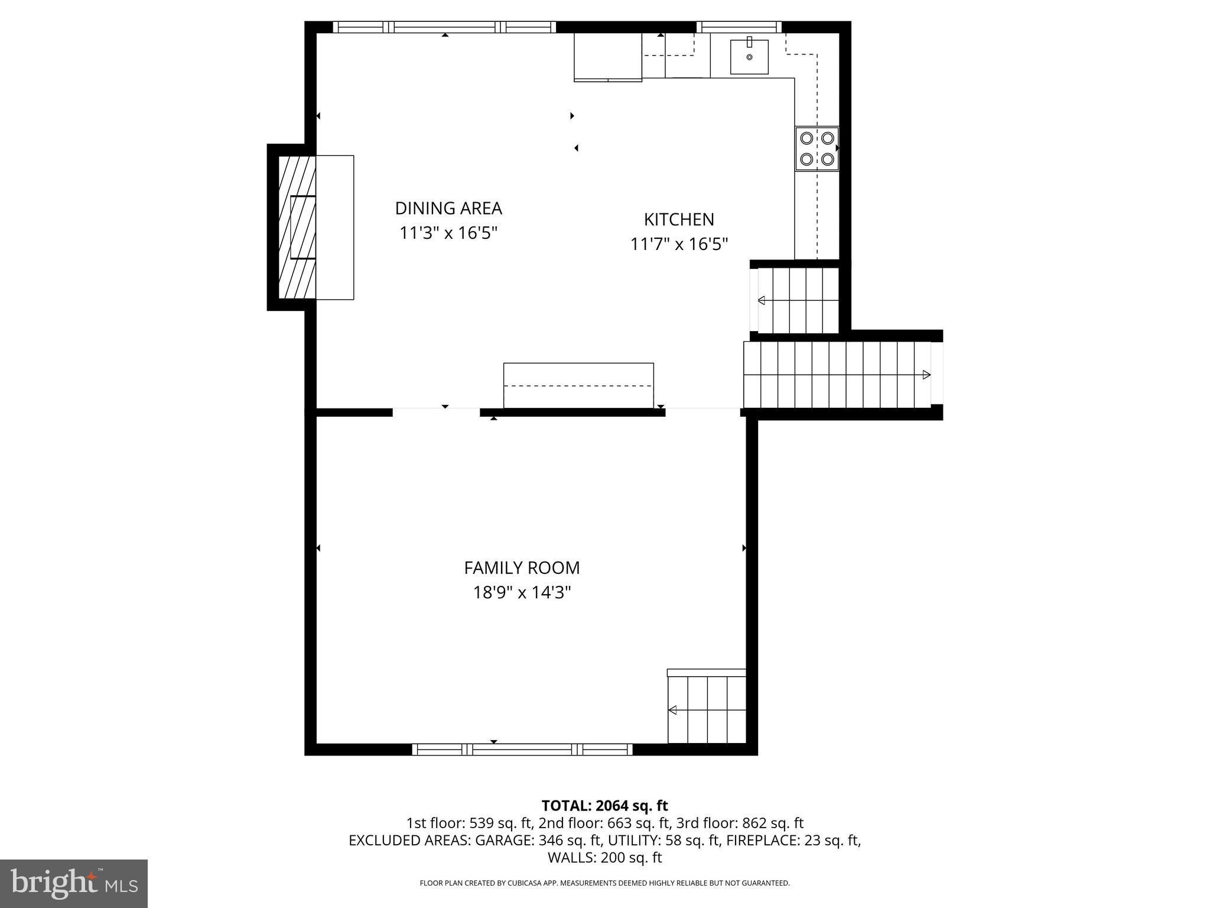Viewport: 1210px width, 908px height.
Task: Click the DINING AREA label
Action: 448,208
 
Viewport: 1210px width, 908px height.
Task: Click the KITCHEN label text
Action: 679,219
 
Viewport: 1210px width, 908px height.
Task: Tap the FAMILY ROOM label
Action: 522,567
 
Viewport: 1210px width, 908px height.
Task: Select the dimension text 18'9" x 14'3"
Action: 522,592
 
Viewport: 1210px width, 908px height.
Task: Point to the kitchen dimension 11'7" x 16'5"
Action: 679,244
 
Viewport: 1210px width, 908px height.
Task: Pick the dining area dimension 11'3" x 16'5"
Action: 448,233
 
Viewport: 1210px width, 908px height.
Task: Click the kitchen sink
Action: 749,57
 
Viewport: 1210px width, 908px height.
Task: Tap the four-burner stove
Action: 817,148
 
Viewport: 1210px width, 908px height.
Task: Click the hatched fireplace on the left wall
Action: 297,227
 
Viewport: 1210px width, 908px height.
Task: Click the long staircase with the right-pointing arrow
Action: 837,375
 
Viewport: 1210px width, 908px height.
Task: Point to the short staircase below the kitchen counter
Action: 798,300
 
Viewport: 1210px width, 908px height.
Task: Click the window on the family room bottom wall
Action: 522,750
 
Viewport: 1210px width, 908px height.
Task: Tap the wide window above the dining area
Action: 444,27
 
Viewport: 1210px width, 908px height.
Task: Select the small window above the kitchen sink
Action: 739,27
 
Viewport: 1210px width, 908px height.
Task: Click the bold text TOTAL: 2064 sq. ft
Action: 604,806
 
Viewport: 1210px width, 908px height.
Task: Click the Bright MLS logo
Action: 74,883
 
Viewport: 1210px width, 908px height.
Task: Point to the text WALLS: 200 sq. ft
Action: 604,858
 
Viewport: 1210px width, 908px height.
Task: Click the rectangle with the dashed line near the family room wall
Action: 578,385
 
